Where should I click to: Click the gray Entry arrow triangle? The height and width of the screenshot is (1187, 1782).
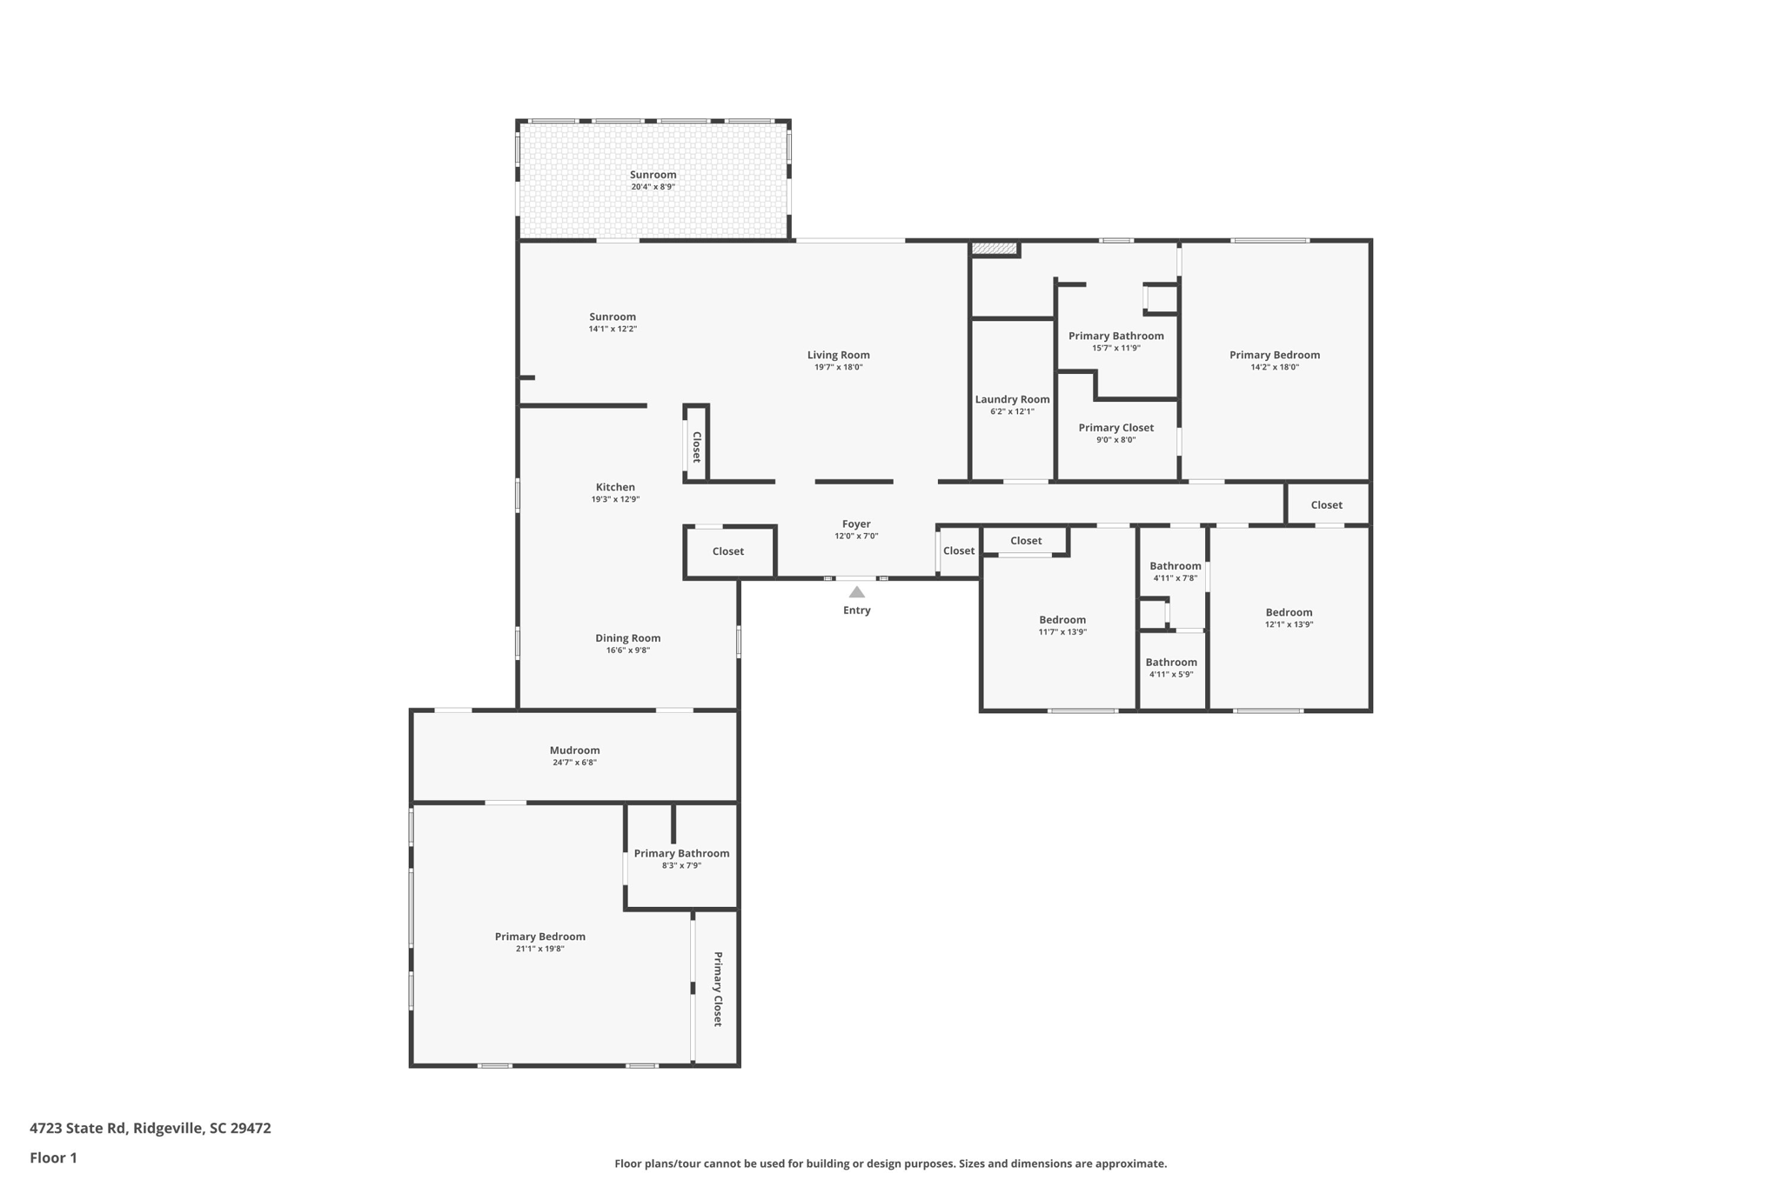(x=856, y=592)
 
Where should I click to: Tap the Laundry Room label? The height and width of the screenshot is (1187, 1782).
(x=1012, y=399)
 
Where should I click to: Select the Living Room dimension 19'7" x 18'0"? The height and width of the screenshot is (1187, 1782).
(x=838, y=367)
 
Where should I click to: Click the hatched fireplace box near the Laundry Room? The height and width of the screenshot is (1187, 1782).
(x=994, y=250)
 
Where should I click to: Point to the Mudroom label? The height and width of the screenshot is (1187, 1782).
(x=574, y=750)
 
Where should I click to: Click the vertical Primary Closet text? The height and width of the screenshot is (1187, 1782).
(x=718, y=989)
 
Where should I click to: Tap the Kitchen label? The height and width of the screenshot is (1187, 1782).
(x=615, y=487)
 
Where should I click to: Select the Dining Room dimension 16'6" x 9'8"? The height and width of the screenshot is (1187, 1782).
(x=627, y=650)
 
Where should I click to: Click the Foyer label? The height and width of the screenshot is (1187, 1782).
(x=856, y=523)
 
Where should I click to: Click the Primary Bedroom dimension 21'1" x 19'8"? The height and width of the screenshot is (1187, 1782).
(x=539, y=949)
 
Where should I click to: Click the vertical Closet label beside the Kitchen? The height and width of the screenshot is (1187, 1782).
(x=696, y=447)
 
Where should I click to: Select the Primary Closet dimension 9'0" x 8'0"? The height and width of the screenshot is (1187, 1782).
(x=1115, y=440)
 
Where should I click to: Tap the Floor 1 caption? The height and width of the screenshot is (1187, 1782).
(x=53, y=1157)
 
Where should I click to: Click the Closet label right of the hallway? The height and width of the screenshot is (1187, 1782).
(x=1326, y=504)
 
